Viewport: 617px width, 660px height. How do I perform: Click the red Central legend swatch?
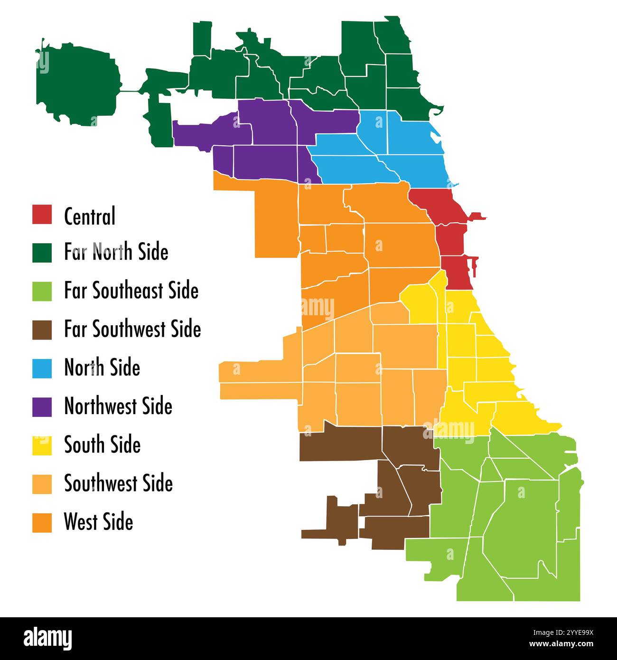pyautogui.click(x=42, y=214)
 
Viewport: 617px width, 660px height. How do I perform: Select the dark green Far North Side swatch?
pyautogui.click(x=42, y=253)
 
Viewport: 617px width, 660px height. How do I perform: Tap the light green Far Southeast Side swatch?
pyautogui.click(x=42, y=291)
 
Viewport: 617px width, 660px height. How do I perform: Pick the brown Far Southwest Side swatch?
pyautogui.click(x=42, y=330)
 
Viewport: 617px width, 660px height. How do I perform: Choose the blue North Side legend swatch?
pyautogui.click(x=42, y=368)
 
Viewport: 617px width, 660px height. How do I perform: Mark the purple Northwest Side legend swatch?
pyautogui.click(x=42, y=407)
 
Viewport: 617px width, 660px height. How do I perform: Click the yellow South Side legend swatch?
pyautogui.click(x=42, y=445)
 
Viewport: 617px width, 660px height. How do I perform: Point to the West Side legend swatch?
pyautogui.click(x=42, y=522)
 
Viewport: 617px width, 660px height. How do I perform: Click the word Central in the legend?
pyautogui.click(x=90, y=216)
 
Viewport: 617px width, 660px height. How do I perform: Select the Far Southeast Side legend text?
pyautogui.click(x=131, y=291)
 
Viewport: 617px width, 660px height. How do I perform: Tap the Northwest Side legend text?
pyautogui.click(x=118, y=406)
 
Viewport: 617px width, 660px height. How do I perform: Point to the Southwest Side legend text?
pyautogui.click(x=118, y=483)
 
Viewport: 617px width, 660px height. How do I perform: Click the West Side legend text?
pyautogui.click(x=98, y=522)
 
